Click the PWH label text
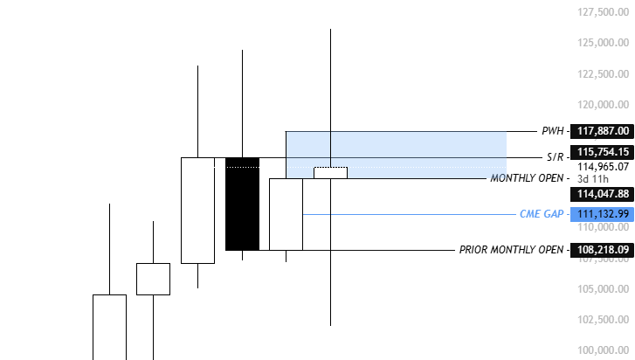[x=552, y=131]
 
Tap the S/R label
[x=555, y=157]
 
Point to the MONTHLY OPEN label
[x=527, y=178]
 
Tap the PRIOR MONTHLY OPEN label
[x=511, y=250]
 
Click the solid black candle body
[x=242, y=204]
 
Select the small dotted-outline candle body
[x=330, y=172]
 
